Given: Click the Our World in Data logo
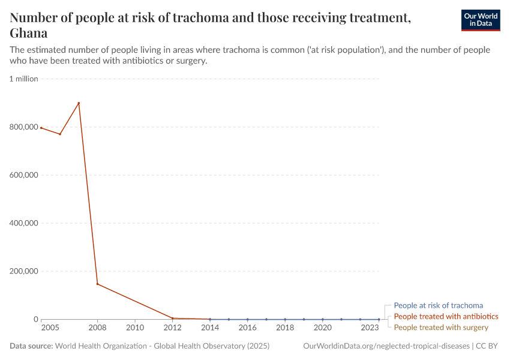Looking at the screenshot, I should (480, 20).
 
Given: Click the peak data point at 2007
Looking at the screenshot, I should (79, 103).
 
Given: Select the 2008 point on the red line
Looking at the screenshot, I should (97, 284).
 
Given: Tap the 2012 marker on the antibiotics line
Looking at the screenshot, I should (173, 318).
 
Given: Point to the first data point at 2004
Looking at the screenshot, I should (41, 127).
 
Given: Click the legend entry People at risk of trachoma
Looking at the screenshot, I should (438, 305).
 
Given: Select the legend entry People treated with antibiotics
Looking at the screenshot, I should (446, 316).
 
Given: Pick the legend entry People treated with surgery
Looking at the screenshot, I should (441, 327).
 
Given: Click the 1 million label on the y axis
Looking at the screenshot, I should (23, 79).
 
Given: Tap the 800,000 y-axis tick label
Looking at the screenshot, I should (23, 127).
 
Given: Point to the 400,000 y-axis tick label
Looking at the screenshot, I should (23, 223).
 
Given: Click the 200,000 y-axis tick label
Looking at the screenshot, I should (23, 271).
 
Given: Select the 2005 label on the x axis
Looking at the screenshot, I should (50, 328).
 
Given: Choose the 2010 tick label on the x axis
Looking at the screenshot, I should (135, 328).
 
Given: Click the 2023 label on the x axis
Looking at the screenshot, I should (370, 328).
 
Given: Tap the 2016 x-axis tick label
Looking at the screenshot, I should (247, 328).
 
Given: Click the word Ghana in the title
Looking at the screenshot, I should (28, 33).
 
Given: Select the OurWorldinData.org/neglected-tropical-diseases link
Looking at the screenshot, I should (387, 346).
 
